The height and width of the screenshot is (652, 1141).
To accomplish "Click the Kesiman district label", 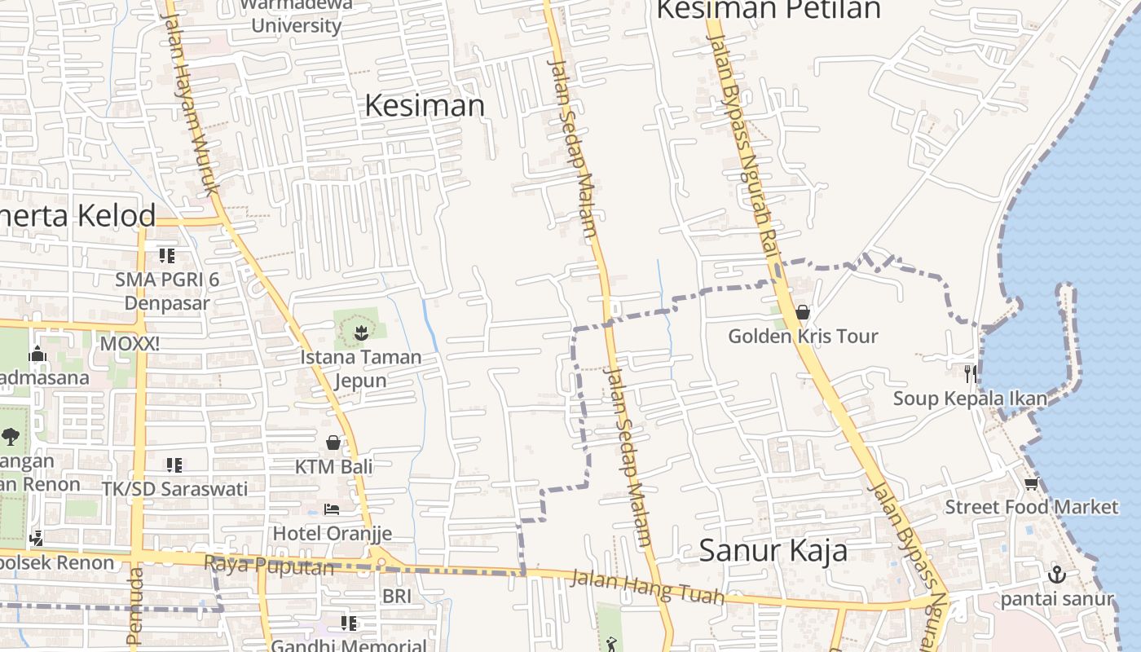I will point(425,105).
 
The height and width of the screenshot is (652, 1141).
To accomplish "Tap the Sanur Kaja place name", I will point(773,551).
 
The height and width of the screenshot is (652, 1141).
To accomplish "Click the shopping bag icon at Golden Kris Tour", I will point(802,312).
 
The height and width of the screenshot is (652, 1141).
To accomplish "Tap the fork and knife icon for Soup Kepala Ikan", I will point(970,374).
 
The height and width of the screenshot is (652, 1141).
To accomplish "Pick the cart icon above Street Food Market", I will point(1031,484).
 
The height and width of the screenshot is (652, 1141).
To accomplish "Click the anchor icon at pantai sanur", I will point(1056,574).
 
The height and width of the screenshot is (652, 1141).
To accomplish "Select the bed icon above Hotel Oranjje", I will point(332,509).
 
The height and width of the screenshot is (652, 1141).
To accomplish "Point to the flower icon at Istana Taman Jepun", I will point(359,332).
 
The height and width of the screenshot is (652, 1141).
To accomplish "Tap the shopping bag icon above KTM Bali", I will point(333,443).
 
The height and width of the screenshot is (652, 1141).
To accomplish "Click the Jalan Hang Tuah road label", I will point(647,588).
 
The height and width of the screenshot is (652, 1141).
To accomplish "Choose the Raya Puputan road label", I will point(269,565).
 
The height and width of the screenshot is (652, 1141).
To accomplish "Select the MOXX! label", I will point(130,344).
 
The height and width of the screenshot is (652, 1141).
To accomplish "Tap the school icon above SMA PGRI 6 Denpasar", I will point(167,256).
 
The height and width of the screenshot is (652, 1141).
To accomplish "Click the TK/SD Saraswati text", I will point(174,489).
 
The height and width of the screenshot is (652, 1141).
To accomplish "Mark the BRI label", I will point(397,597).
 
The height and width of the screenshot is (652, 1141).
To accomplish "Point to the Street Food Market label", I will point(1032,507).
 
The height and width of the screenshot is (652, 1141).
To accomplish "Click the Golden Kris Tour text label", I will point(803,336).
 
